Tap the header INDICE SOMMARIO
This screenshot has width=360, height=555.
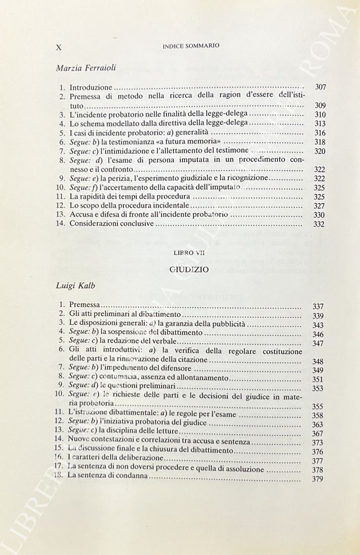(191, 46)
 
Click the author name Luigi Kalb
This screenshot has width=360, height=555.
(76, 286)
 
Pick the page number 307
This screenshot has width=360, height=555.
(320, 87)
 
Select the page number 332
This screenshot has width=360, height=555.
(319, 224)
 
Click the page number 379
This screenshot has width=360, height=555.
(318, 479)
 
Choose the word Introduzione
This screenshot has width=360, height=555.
(90, 87)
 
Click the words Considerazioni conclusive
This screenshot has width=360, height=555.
(110, 224)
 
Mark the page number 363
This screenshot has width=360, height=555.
(318, 424)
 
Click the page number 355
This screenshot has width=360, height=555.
(318, 406)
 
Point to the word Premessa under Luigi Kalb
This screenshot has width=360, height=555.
(85, 305)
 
